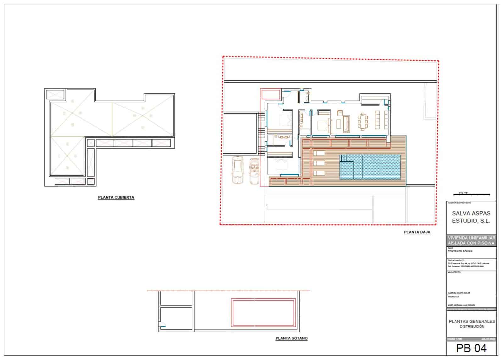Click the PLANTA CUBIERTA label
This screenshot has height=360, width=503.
click(116, 198)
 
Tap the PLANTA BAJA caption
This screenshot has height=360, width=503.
click(417, 232)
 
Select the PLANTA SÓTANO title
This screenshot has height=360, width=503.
click(291, 339)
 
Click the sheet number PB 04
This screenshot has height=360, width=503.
click(471, 348)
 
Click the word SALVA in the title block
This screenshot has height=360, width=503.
click(462, 213)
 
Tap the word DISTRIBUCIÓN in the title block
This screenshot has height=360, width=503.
click(472, 327)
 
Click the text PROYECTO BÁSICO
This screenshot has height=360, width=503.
click(460, 251)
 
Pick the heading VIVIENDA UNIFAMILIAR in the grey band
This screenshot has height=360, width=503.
click(471, 238)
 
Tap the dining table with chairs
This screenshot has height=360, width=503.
click(362, 121)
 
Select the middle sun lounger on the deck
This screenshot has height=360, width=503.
click(319, 163)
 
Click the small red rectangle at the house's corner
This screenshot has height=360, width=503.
click(271, 94)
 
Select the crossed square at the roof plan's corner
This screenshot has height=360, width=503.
click(55, 94)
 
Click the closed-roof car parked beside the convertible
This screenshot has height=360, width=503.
click(238, 170)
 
